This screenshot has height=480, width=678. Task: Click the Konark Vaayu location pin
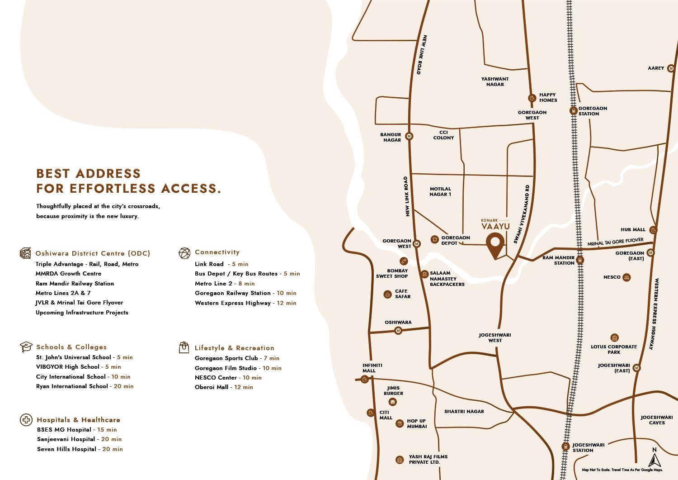495,244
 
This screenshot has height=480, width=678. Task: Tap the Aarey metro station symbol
671,68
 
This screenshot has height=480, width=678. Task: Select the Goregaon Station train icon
573,110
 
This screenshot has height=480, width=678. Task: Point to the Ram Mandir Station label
558,260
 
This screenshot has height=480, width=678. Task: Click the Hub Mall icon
653,230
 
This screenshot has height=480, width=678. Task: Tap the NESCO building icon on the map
626,277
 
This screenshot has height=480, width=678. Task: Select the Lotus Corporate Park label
613,349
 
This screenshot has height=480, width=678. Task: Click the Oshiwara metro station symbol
398,331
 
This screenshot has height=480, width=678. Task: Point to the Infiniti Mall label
372,368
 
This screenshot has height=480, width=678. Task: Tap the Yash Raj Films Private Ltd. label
428,459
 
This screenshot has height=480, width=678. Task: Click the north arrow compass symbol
654,457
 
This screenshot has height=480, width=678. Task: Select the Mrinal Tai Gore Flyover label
615,242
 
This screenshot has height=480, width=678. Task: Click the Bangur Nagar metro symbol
409,136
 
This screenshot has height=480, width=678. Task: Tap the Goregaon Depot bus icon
434,239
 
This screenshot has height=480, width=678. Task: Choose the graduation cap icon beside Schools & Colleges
26,347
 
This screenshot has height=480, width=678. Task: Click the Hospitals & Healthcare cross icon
26,420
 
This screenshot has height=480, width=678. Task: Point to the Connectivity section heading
217,252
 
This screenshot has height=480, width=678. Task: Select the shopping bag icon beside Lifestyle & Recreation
184,347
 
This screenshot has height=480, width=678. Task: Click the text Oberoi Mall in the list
211,387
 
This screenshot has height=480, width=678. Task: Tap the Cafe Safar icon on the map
387,295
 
